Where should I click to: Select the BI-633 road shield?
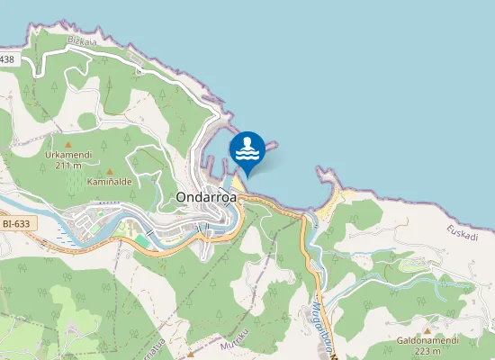coord(14,223)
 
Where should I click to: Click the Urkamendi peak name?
coord(68,154)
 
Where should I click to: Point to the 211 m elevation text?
coord(68,165)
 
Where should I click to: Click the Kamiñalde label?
coord(110,181)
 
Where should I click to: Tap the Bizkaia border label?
coord(84,41)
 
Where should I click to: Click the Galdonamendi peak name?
coord(427,340)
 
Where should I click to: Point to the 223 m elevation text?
coord(427,351)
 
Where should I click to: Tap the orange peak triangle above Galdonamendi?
coord(427,330)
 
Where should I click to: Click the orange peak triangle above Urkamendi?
coord(68,143)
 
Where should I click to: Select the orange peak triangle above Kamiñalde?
coord(110,171)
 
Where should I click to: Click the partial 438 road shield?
coord(7,59)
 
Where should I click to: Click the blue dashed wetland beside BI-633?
coord(63,232)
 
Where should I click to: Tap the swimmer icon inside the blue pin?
coord(247,147)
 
